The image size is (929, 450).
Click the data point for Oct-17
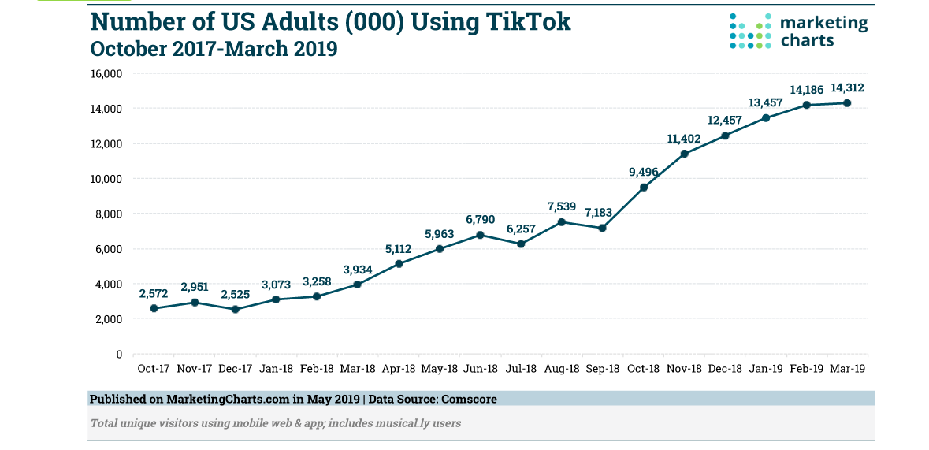(154, 308)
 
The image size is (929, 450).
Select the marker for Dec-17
(235, 309)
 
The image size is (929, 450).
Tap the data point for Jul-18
(521, 244)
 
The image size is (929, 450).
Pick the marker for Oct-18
(644, 187)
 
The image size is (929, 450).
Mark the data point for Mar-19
(847, 102)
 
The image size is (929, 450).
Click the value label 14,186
(806, 91)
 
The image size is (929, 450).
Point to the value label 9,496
(644, 173)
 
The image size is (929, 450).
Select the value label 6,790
(480, 220)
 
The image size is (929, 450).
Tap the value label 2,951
(195, 287)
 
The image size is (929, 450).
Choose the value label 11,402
(684, 139)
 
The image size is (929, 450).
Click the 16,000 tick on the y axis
(106, 73)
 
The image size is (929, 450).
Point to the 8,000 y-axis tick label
(109, 214)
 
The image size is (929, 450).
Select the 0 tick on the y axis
(118, 354)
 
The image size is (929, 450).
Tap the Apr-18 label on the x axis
(399, 369)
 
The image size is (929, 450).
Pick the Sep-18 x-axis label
(603, 369)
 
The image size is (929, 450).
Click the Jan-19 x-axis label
(765, 369)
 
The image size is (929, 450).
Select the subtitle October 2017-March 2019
(214, 49)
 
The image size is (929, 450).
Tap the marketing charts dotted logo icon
(750, 31)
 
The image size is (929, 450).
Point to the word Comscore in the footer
(469, 399)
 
